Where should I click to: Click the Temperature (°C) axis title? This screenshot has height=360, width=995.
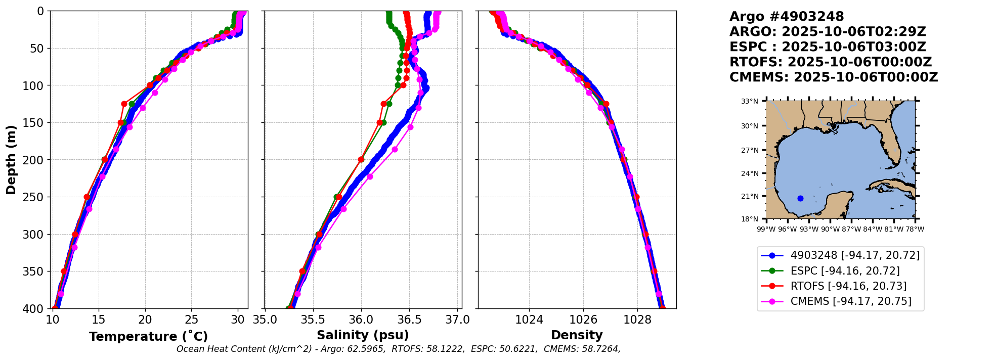click(x=148, y=336)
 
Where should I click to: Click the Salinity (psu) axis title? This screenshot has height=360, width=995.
click(x=363, y=335)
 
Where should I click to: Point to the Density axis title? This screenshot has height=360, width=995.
click(x=577, y=335)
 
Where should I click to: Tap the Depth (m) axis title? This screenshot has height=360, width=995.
click(x=11, y=160)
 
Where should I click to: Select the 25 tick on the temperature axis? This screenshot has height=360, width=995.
click(x=191, y=320)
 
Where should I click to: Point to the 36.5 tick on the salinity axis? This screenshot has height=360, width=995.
click(x=409, y=320)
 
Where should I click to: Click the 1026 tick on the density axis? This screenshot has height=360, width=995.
click(x=583, y=320)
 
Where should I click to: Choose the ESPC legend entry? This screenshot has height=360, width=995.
click(x=845, y=271)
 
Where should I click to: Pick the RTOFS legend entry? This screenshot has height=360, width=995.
click(x=848, y=286)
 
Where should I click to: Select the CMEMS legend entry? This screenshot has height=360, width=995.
click(x=851, y=301)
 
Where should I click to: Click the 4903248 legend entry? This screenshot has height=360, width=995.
click(x=855, y=255)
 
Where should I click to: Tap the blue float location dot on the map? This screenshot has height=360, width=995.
click(x=800, y=198)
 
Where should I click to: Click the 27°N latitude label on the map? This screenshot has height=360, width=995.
click(x=750, y=150)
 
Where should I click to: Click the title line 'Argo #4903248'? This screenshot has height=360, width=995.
click(x=787, y=17)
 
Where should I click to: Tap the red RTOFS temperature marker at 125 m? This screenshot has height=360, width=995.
click(x=124, y=104)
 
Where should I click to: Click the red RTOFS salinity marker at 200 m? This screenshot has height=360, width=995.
click(x=361, y=160)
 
